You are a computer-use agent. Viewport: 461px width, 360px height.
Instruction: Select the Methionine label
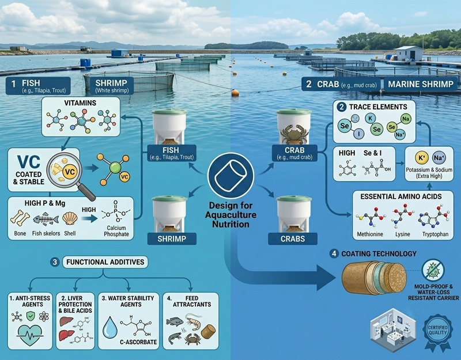(370, 234)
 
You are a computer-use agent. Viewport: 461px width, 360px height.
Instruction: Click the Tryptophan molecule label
(436, 234)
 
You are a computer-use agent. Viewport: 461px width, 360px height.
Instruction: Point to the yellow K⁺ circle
(421, 158)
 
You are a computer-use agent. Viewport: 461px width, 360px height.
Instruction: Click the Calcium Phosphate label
(116, 231)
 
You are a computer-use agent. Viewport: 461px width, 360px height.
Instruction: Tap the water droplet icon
(110, 327)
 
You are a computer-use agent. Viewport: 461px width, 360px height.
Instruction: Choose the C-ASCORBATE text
(138, 342)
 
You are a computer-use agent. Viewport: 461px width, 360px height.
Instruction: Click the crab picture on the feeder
(294, 134)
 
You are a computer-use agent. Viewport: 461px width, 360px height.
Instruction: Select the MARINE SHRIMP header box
(421, 84)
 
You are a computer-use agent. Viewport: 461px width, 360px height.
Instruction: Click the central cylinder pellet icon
(231, 176)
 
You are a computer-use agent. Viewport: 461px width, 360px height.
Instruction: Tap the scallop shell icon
(70, 219)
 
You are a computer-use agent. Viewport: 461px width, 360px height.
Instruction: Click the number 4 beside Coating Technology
(334, 253)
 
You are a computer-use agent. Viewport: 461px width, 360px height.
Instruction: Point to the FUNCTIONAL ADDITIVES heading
(105, 262)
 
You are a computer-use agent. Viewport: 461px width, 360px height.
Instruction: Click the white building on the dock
(409, 53)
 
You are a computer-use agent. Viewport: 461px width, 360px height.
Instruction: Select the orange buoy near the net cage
(235, 93)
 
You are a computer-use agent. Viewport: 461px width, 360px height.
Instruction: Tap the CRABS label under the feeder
(293, 238)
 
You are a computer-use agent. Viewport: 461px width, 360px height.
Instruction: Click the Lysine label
(402, 234)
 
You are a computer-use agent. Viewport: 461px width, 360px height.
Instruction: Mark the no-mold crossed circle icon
(433, 270)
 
